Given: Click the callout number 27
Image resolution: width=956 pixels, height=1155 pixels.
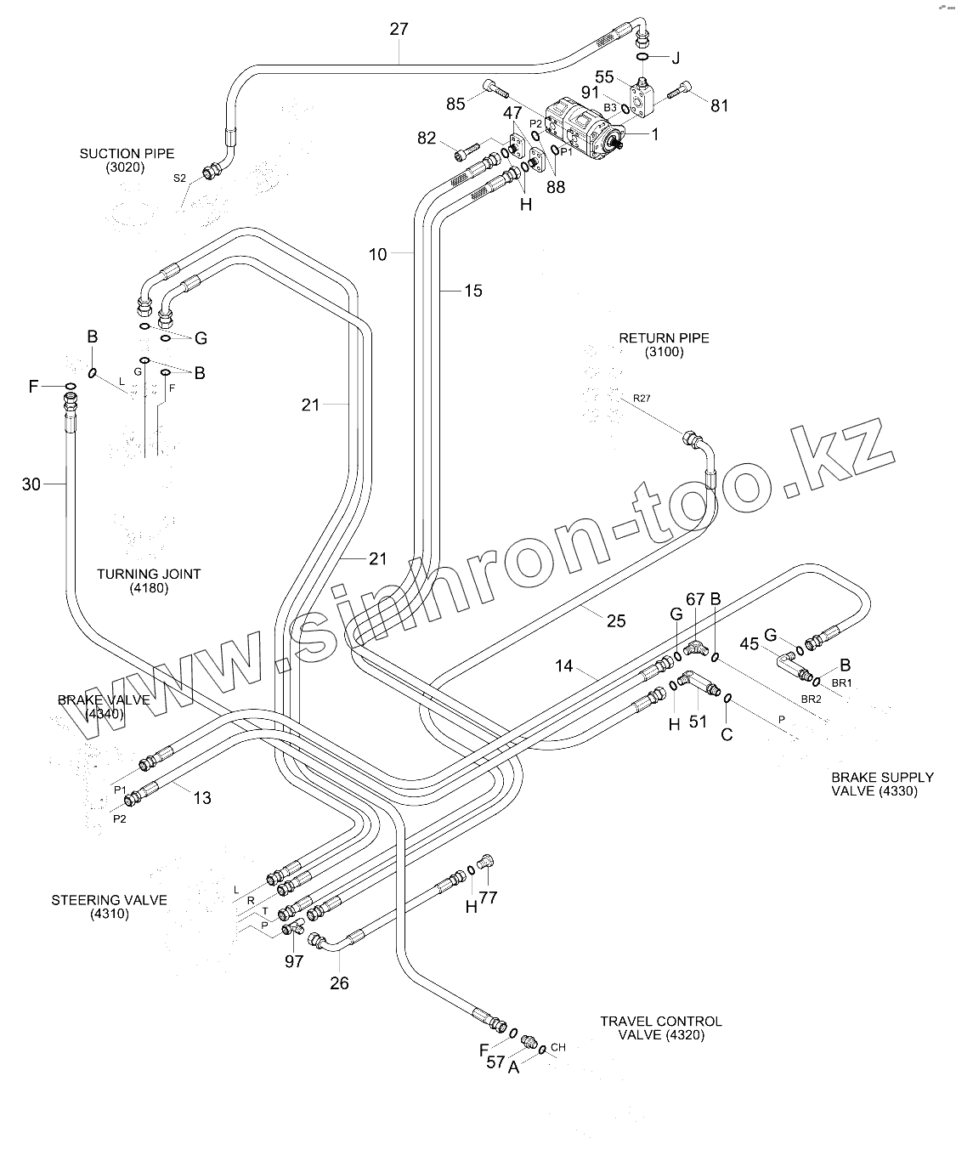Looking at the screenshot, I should pos(399,29).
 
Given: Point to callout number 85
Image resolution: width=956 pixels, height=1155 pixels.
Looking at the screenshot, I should pos(456,105).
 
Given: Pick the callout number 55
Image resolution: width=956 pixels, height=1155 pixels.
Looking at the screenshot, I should pos(605,77).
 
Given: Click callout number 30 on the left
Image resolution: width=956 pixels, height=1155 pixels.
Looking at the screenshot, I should pos(31,484).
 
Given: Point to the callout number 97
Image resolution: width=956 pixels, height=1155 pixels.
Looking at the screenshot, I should pos(294,961).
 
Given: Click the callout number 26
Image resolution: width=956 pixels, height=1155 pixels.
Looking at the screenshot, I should pos(339,983).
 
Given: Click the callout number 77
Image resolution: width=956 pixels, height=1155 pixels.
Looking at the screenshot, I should pos(488,897).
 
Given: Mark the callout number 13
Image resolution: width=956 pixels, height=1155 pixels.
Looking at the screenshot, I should pos(202,798).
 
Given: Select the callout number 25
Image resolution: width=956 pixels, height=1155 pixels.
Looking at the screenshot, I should pos(616,621).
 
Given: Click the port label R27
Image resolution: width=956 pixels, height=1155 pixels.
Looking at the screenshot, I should pos(641,397).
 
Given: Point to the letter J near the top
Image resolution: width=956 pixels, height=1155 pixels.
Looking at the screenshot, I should pos(676,58).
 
